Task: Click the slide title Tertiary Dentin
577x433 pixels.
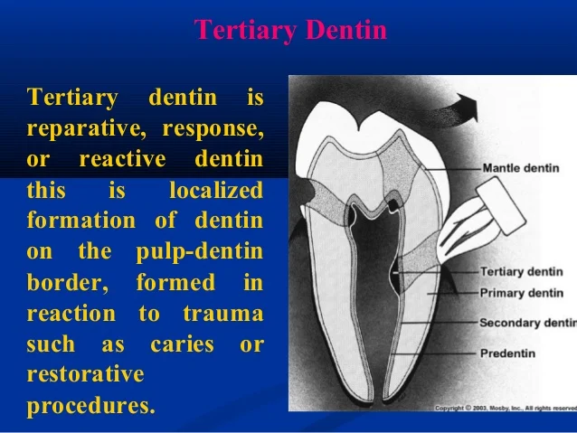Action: [x=290, y=31]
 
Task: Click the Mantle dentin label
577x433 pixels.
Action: [x=520, y=168]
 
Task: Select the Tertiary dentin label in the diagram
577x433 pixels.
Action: [x=521, y=271]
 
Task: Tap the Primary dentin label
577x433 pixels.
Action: [x=520, y=292]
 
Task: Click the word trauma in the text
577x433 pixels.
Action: [x=222, y=314]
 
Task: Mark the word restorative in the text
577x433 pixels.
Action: [x=85, y=375]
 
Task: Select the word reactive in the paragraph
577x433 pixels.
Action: [x=122, y=160]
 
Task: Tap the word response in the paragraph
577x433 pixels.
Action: [x=213, y=128]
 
